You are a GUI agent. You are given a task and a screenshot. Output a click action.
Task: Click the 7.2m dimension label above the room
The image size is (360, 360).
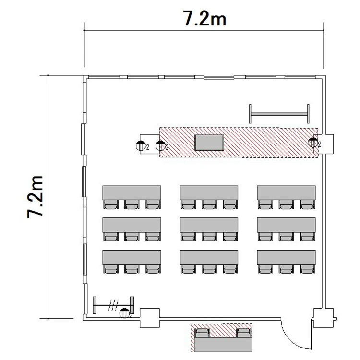[x=204, y=18]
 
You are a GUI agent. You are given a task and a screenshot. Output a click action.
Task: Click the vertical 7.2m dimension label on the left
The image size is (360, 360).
[x=35, y=197]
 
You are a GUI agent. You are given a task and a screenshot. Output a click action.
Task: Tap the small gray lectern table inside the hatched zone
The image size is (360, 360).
[x=209, y=143]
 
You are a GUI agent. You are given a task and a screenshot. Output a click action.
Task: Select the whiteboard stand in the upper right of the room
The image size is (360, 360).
[x=279, y=114]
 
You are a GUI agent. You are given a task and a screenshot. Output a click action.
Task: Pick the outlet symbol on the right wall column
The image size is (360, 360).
[x=312, y=143]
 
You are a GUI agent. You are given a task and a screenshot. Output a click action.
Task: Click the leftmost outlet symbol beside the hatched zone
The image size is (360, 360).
[x=141, y=146]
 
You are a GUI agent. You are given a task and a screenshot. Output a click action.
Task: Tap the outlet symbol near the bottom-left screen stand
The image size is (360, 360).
[x=124, y=313]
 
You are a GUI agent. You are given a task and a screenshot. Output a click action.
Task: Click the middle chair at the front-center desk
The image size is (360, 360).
[x=209, y=204]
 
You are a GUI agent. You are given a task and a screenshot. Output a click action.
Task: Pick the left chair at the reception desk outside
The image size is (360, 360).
[x=202, y=333]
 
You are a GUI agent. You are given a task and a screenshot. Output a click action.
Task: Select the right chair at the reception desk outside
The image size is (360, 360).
[x=243, y=333]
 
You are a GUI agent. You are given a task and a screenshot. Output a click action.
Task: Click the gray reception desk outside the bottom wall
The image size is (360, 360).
[x=223, y=344]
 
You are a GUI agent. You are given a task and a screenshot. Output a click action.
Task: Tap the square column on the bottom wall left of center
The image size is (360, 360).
[x=150, y=318]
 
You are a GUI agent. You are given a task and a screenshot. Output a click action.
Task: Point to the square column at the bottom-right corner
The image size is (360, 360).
[x=324, y=318]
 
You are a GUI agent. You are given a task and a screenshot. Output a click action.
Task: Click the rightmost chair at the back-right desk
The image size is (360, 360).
[x=307, y=269]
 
